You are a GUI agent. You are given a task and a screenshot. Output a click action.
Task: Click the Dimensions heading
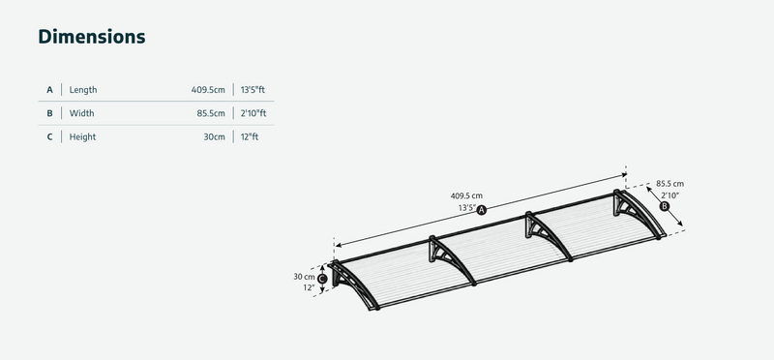tap(92, 37)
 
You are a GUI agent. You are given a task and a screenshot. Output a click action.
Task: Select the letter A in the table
tap(49, 90)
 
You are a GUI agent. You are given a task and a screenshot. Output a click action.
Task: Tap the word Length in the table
tap(83, 90)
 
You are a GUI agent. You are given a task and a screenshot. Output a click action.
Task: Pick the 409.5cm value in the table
tap(208, 90)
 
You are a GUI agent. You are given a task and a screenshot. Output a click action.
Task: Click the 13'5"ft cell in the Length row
tap(253, 90)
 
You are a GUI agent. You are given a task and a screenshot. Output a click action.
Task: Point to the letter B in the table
tap(49, 113)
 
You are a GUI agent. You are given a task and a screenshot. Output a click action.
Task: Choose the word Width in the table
tap(81, 113)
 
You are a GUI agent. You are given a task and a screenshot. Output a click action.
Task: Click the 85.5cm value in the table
tap(211, 113)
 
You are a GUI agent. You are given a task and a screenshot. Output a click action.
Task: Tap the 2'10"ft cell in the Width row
tap(253, 113)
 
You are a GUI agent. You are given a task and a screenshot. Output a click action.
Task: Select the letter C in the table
tap(49, 137)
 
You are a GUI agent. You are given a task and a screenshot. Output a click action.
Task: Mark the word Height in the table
tap(83, 137)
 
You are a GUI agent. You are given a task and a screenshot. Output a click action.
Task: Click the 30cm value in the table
tap(214, 137)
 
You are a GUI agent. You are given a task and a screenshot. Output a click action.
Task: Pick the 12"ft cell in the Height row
tap(250, 137)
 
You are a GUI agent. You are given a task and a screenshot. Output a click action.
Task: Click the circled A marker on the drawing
tap(481, 209)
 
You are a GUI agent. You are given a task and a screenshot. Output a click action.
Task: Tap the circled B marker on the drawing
tap(664, 206)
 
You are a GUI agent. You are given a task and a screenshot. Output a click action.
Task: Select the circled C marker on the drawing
tap(322, 277)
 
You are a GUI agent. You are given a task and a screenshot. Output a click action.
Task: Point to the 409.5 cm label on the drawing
tap(466, 195)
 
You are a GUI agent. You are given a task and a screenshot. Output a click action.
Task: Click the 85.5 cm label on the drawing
tap(670, 183)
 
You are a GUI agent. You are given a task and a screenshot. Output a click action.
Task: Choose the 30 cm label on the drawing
tap(305, 276)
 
